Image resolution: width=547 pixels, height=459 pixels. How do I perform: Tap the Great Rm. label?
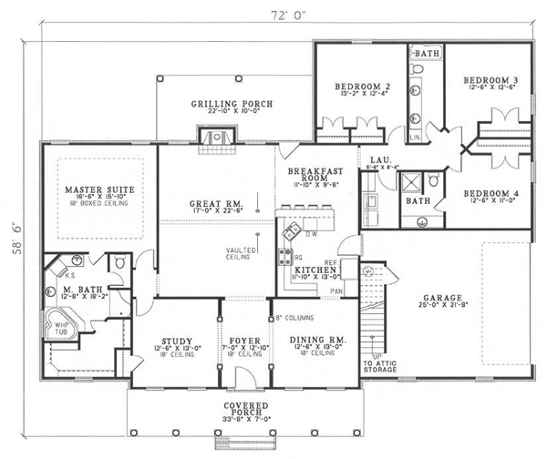(x=217, y=204)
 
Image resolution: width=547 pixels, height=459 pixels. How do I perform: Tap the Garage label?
(x=442, y=297)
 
